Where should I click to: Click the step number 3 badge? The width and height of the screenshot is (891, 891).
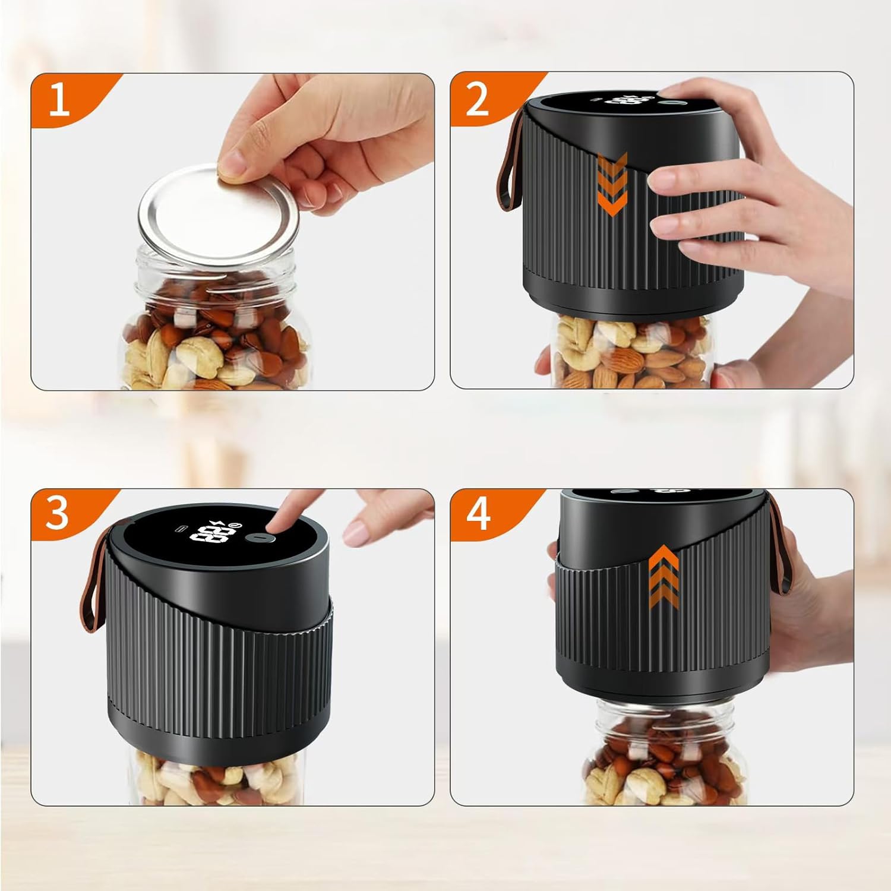coord(58,513)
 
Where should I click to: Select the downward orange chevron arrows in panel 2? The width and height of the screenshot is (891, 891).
coord(611,184)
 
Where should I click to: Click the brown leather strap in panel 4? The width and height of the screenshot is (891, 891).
coord(781,546)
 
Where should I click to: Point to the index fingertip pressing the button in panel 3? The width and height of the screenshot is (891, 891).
coord(274,523)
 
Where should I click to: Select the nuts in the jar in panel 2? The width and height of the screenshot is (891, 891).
coord(630,350)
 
